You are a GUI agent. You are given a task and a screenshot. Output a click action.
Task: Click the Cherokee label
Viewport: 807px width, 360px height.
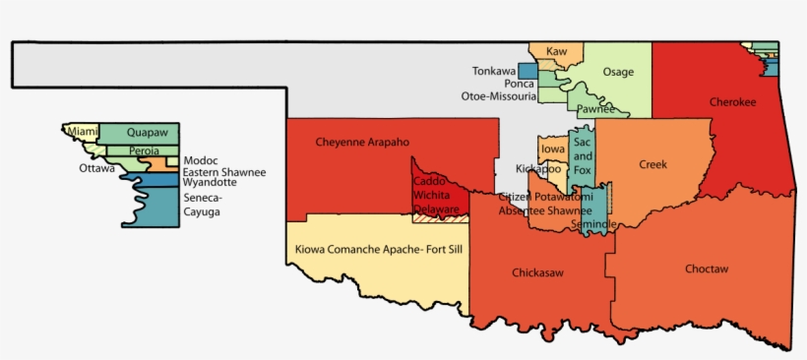click(x=732, y=101)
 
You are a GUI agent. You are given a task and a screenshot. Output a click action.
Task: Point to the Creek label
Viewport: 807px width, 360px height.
click(x=652, y=164)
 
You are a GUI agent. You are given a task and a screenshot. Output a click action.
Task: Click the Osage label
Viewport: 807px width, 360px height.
click(x=618, y=72)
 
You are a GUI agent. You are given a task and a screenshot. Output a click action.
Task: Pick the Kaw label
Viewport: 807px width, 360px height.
click(x=557, y=50)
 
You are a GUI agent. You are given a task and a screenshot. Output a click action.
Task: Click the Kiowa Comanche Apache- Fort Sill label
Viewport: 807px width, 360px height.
click(x=378, y=250)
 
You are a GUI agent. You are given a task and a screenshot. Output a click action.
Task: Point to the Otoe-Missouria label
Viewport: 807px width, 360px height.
click(x=499, y=96)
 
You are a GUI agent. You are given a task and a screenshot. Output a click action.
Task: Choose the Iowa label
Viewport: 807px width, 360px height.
click(x=553, y=150)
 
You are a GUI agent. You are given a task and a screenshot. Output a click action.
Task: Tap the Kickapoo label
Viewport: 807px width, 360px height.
click(x=537, y=168)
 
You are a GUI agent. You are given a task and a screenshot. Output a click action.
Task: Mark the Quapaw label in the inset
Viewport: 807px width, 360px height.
click(x=148, y=132)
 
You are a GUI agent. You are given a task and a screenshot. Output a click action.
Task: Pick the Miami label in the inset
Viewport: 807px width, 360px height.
click(x=83, y=131)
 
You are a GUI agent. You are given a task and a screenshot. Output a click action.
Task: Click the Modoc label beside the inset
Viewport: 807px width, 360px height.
click(x=200, y=160)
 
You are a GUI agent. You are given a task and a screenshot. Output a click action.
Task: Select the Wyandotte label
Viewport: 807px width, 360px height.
click(x=210, y=182)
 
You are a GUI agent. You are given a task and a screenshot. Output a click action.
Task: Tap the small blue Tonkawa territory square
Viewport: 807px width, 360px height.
click(x=528, y=72)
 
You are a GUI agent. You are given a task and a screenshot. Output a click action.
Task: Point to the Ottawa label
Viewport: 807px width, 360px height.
click(x=96, y=168)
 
